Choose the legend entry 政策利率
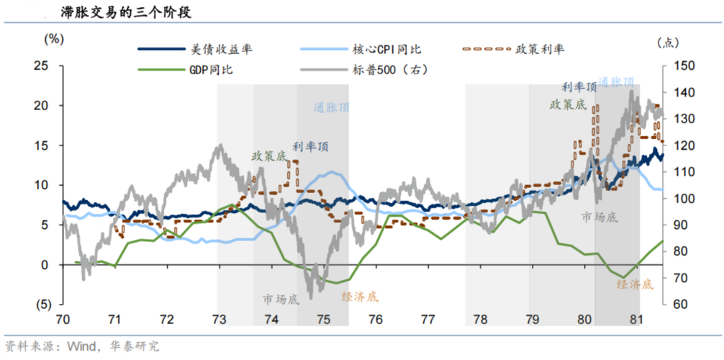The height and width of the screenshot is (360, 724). click(540, 50)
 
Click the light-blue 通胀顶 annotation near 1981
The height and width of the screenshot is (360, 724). click(616, 81)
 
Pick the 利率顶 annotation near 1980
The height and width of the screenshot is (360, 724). click(579, 87)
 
